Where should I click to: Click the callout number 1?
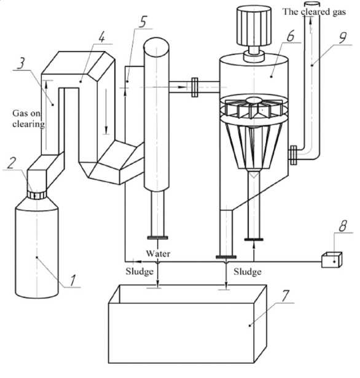[72, 280]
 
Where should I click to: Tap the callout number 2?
[12, 163]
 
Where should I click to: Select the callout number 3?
[22, 64]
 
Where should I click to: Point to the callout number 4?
[102, 37]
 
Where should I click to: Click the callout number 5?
[143, 21]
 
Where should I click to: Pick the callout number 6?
[291, 36]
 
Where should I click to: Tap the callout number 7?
[285, 296]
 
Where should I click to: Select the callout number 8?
[343, 226]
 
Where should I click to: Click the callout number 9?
[342, 38]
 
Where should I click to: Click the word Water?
[158, 253]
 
